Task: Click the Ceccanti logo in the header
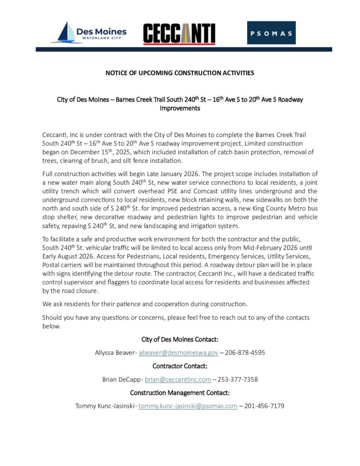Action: pos(179,34)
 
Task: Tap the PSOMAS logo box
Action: pos(271,33)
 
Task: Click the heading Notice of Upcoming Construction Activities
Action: pos(180,73)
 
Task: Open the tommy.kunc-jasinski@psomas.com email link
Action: pos(188,406)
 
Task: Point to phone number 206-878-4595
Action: pos(246,353)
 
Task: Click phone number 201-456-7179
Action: pos(264,406)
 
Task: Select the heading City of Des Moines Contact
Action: pos(180,339)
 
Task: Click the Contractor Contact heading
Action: pos(180,366)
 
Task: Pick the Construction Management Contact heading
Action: pos(180,393)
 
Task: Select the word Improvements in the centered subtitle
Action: pos(180,109)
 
